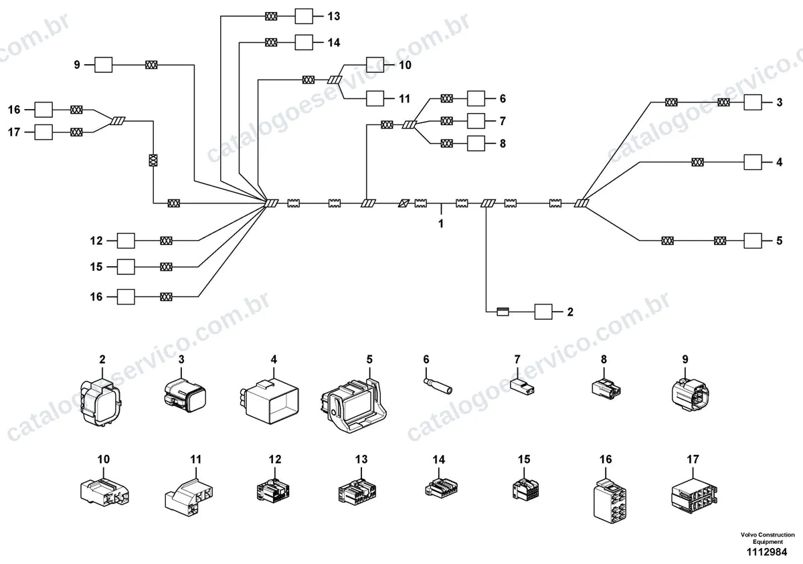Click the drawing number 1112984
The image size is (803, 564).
[x=767, y=552]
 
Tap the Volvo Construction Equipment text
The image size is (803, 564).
[x=768, y=538]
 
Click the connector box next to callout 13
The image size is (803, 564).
[x=304, y=16]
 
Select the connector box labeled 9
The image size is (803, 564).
[x=103, y=65]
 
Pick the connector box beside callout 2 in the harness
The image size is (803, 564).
[x=543, y=312]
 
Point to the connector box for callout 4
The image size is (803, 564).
[x=753, y=163]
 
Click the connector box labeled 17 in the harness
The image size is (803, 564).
[x=43, y=132]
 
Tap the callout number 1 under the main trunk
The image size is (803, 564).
[x=440, y=223]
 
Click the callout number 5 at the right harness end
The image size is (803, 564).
[x=780, y=240]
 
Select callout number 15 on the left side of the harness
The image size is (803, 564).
[x=96, y=267]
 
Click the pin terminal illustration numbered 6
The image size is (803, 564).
[x=438, y=385]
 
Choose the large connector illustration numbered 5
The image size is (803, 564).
[x=353, y=405]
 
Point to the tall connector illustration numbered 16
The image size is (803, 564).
[x=610, y=501]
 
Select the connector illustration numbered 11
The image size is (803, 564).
[x=189, y=496]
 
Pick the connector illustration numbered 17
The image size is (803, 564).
[x=694, y=496]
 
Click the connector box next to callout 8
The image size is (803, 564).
[x=476, y=143]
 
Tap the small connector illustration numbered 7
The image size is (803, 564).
[x=522, y=386]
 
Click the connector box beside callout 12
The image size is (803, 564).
[x=126, y=241]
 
